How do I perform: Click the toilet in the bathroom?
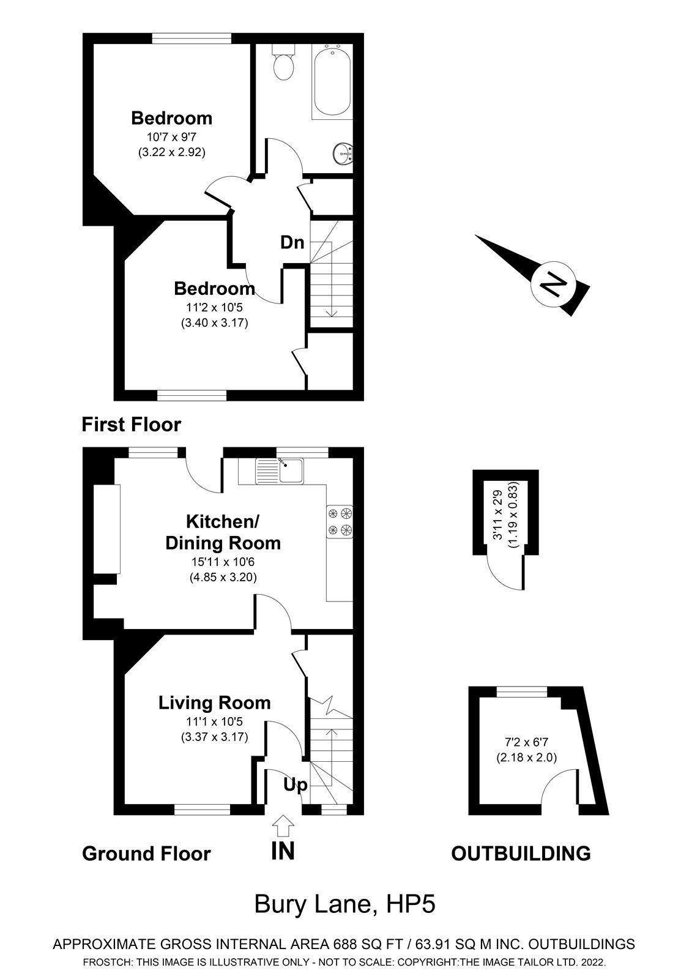tap(283, 64)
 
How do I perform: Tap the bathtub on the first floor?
tap(332, 81)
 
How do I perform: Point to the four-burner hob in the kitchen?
tap(340, 521)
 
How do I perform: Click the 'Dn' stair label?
tap(292, 242)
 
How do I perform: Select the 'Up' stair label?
tap(295, 784)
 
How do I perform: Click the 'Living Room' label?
tap(214, 703)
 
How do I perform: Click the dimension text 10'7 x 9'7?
tap(171, 137)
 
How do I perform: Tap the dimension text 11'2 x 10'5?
tap(214, 308)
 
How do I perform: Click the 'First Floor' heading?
tap(132, 424)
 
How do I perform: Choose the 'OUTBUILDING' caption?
tap(521, 853)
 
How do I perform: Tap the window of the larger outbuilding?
tap(522, 691)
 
